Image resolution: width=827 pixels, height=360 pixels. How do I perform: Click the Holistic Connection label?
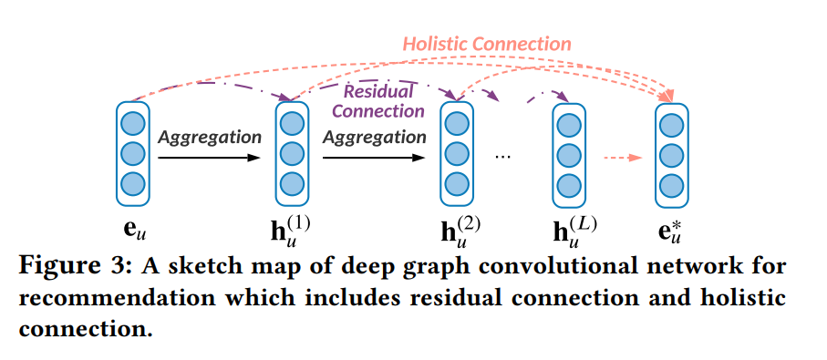tap(487, 44)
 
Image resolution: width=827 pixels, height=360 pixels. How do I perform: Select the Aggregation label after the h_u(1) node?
tap(375, 138)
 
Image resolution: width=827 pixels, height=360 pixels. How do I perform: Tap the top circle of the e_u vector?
tap(132, 121)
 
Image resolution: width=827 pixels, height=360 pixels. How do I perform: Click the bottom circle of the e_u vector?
tap(132, 182)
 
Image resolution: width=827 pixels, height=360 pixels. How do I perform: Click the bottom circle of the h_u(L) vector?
tap(569, 182)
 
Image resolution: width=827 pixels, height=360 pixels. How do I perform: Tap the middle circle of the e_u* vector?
tap(671, 152)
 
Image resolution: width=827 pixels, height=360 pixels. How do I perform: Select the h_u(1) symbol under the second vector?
tap(291, 230)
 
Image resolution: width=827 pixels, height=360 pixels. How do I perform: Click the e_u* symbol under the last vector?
tap(672, 230)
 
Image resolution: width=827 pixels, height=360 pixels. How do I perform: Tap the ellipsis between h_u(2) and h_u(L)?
tap(503, 157)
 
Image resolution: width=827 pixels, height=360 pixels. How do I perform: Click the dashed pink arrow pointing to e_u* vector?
tap(624, 157)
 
